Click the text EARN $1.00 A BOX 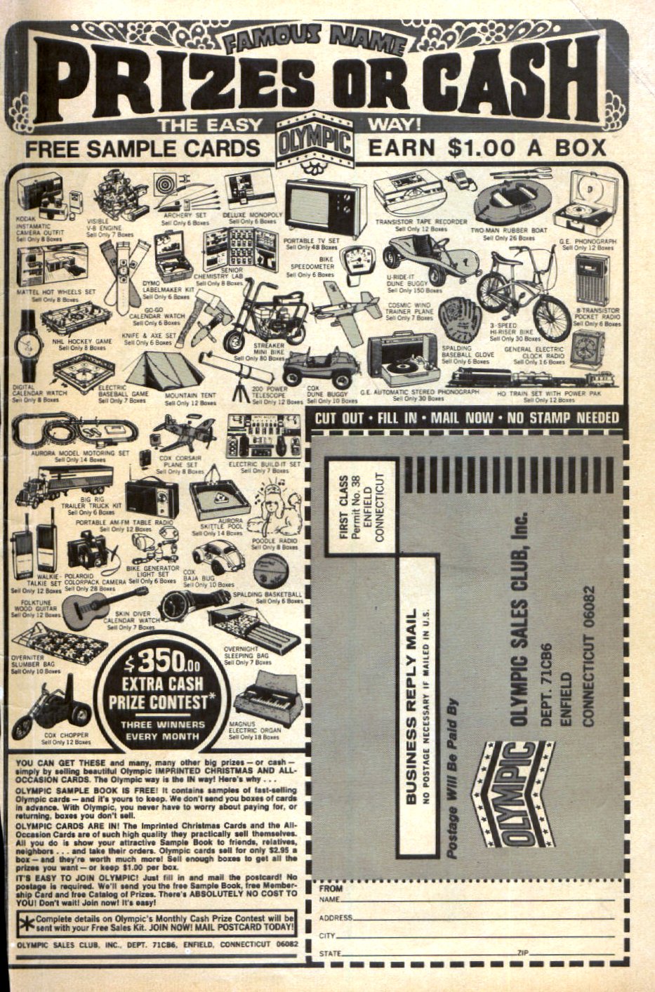tap(487, 147)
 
